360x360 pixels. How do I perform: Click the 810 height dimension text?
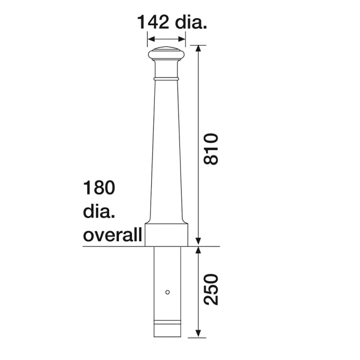(211, 149)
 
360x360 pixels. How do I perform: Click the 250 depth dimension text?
(211, 290)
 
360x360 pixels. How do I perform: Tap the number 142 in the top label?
(153, 22)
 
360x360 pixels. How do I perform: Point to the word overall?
(112, 236)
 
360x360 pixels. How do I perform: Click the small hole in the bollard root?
(167, 293)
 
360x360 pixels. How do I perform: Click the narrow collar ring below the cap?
(166, 79)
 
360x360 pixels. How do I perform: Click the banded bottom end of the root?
(166, 328)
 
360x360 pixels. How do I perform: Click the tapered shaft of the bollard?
(166, 154)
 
